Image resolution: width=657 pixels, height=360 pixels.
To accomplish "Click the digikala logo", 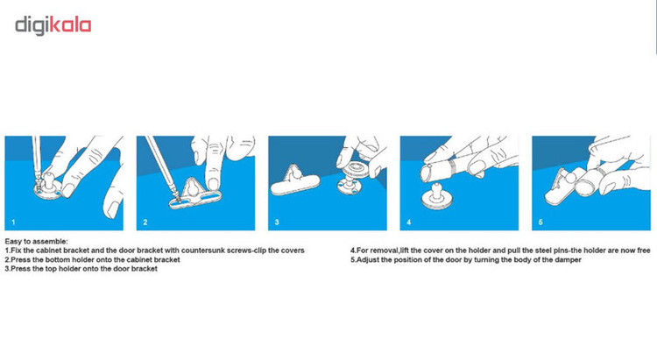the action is (53, 25).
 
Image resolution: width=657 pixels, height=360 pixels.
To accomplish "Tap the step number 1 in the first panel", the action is (13, 222).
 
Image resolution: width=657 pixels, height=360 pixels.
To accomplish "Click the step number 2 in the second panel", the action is (145, 222).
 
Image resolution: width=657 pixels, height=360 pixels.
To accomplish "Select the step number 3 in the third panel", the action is (277, 222).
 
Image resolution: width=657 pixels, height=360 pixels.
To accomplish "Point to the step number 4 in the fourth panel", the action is (408, 222).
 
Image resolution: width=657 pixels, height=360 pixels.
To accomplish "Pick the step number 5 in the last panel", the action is (540, 222).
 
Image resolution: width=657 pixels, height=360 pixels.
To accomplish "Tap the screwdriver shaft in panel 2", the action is (161, 165).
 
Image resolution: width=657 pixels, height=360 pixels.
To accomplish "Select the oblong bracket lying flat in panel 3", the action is (295, 182).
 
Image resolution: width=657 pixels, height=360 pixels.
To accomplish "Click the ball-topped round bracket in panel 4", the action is (433, 196).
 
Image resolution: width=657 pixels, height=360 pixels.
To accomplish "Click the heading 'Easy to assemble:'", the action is (36, 242).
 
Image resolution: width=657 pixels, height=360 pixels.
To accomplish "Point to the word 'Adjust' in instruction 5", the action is (368, 260).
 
